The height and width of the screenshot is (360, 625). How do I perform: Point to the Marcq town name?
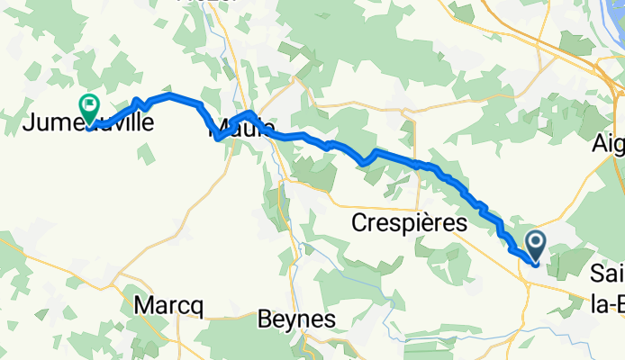(x=168, y=306)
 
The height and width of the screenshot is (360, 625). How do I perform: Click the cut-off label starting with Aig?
(x=609, y=143)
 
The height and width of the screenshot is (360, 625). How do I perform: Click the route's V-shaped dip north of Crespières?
(x=364, y=162)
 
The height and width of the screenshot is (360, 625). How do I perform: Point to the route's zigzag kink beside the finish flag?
(x=138, y=102)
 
